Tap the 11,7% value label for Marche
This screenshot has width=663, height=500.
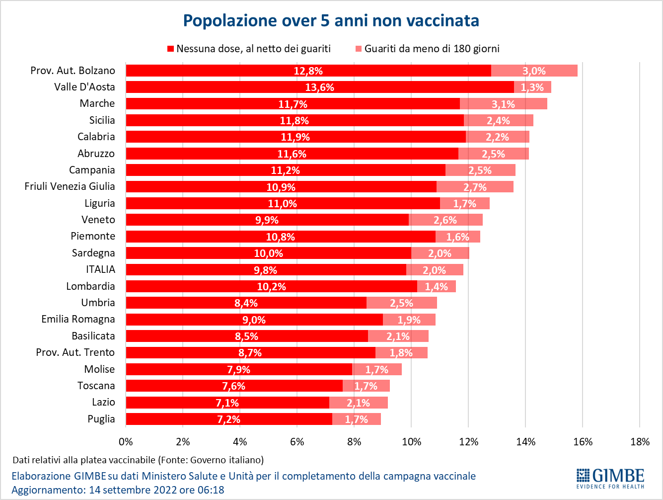coord(293,104)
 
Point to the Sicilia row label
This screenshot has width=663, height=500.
coord(102,120)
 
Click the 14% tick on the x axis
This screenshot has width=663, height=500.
coord(525,442)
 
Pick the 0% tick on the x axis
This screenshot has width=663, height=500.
coord(126,442)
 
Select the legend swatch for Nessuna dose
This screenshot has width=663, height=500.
coord(170,49)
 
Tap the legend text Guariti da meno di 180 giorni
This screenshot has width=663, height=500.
coord(432,49)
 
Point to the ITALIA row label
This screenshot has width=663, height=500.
coord(100,269)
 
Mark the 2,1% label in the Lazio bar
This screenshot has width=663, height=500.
coord(358,403)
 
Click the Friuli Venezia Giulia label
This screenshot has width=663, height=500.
coord(70,186)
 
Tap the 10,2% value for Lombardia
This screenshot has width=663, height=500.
coord(271,287)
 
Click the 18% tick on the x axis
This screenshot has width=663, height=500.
coord(640,442)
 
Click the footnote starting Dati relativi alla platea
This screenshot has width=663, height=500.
coord(138,460)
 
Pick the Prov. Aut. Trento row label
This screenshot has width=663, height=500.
coord(75,352)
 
